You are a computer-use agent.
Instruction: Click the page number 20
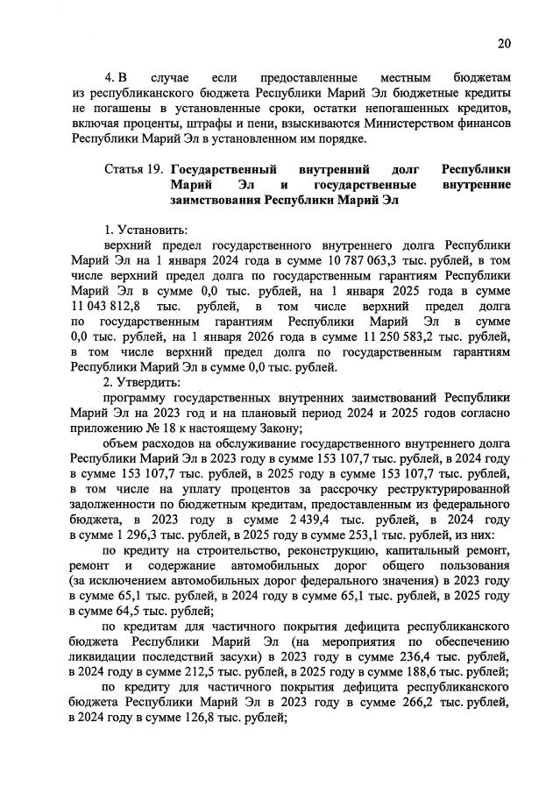click(x=503, y=43)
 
